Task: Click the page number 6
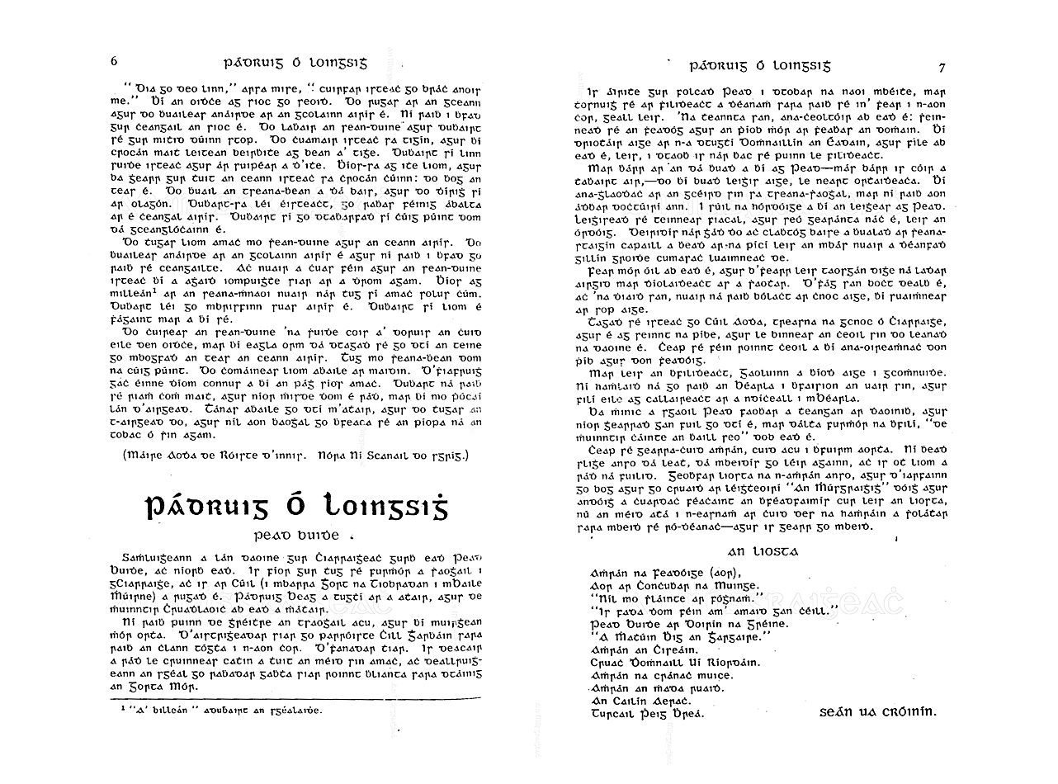click(115, 63)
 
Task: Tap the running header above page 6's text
click(295, 63)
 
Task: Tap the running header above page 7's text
click(760, 65)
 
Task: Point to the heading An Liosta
click(763, 550)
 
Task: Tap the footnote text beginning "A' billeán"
click(220, 709)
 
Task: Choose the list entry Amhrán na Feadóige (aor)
click(667, 572)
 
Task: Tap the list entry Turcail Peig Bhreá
click(648, 714)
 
